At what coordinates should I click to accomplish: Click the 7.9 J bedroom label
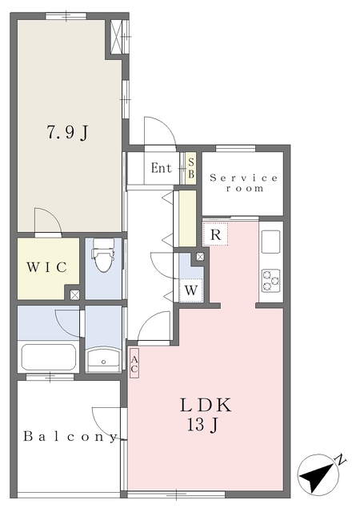click(68, 132)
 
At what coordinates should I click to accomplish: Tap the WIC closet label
click(47, 267)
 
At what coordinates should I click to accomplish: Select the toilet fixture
click(103, 255)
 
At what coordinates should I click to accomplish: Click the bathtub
click(49, 357)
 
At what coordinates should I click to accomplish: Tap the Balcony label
click(70, 437)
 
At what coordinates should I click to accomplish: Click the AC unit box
click(134, 363)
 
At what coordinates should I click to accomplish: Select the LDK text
click(206, 406)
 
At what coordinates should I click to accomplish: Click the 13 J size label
click(202, 425)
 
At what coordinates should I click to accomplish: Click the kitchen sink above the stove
click(271, 242)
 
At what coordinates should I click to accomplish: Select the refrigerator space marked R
click(216, 234)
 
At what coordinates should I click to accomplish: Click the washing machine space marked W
click(191, 290)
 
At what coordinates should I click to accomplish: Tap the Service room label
click(244, 183)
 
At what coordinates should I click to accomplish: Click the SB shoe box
click(191, 168)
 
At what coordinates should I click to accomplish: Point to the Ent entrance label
click(162, 168)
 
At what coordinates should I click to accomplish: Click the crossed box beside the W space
click(200, 257)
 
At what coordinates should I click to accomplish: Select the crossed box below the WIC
click(75, 295)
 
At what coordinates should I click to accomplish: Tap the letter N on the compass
click(341, 460)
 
